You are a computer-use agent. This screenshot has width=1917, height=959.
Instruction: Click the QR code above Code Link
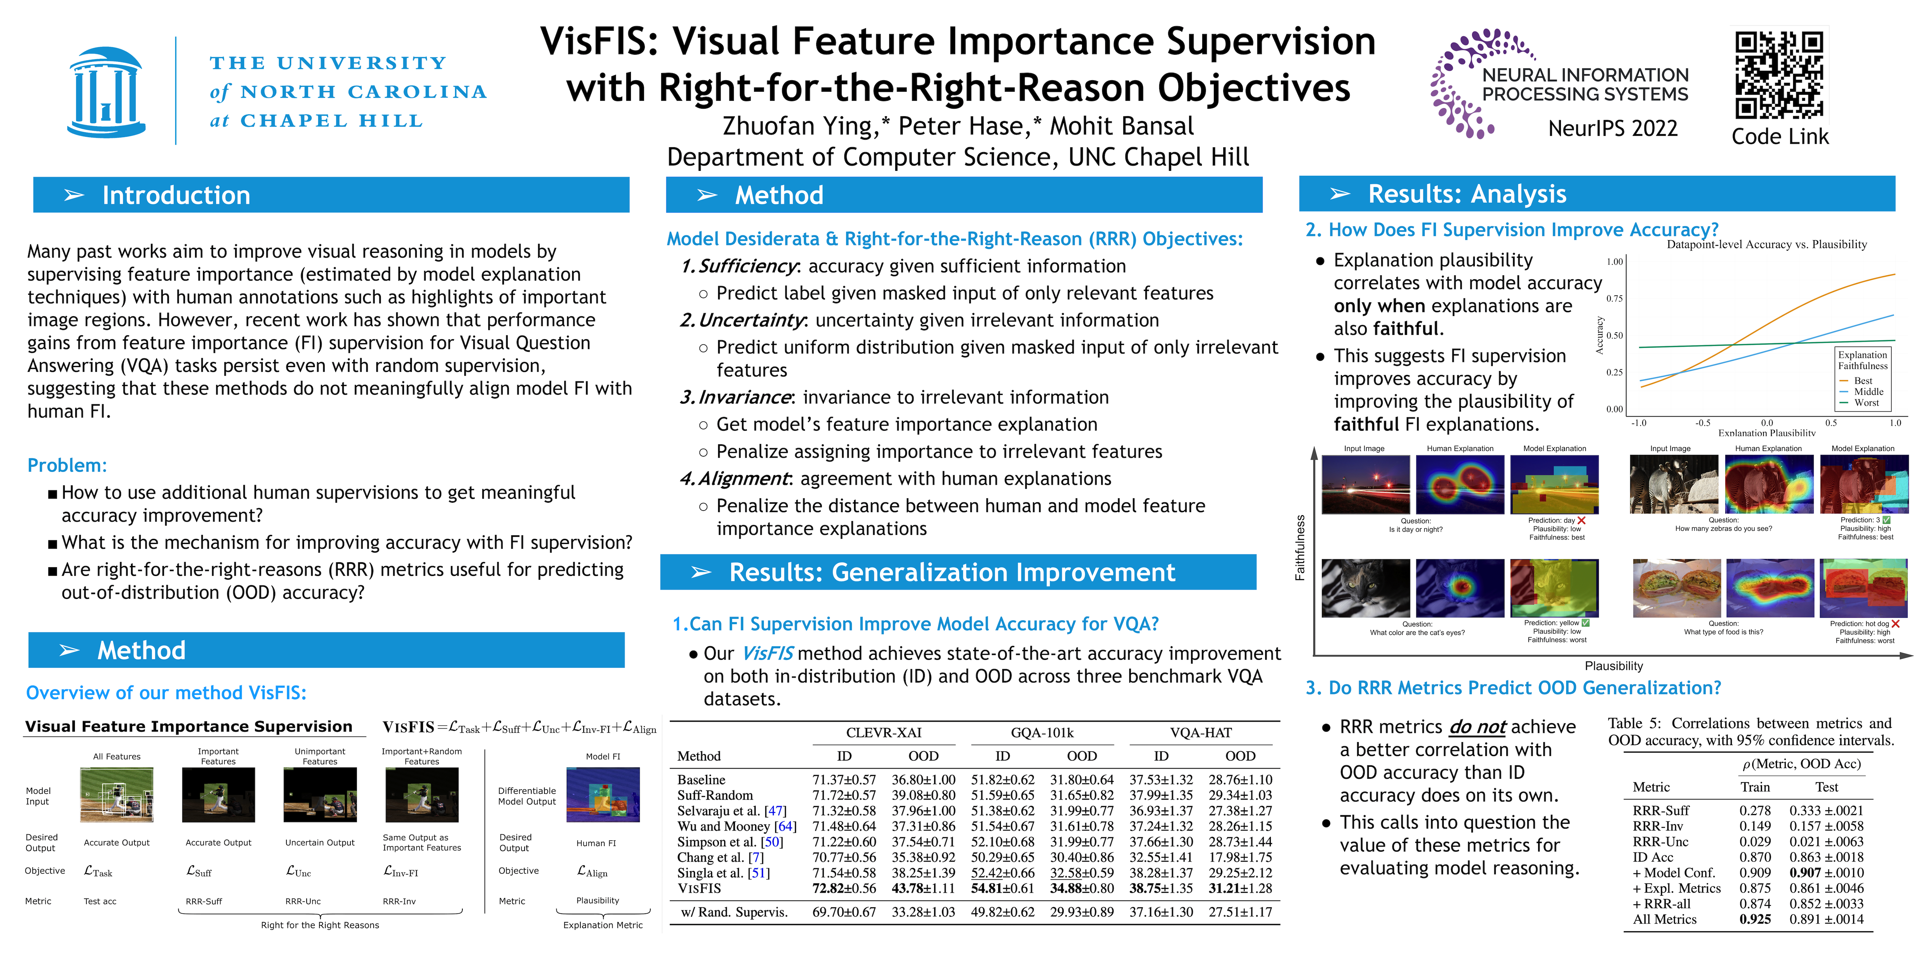[x=1779, y=75]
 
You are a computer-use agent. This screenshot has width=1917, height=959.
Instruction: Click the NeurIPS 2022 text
[x=1613, y=128]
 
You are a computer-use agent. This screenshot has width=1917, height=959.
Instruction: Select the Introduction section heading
[x=176, y=195]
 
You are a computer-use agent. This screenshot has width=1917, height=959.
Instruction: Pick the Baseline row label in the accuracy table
[x=701, y=780]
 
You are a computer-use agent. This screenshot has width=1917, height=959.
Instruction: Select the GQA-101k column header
[x=1042, y=733]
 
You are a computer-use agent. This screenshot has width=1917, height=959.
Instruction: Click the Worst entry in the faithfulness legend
[x=1866, y=403]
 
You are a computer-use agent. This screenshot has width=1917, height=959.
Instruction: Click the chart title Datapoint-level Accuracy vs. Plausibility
[x=1767, y=244]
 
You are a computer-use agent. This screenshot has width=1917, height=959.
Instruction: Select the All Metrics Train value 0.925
[x=1755, y=920]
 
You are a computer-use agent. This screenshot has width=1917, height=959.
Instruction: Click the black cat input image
[x=1365, y=588]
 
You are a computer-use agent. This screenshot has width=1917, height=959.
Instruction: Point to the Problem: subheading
[x=67, y=465]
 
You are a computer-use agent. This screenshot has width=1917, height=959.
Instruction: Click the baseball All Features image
[x=117, y=795]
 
